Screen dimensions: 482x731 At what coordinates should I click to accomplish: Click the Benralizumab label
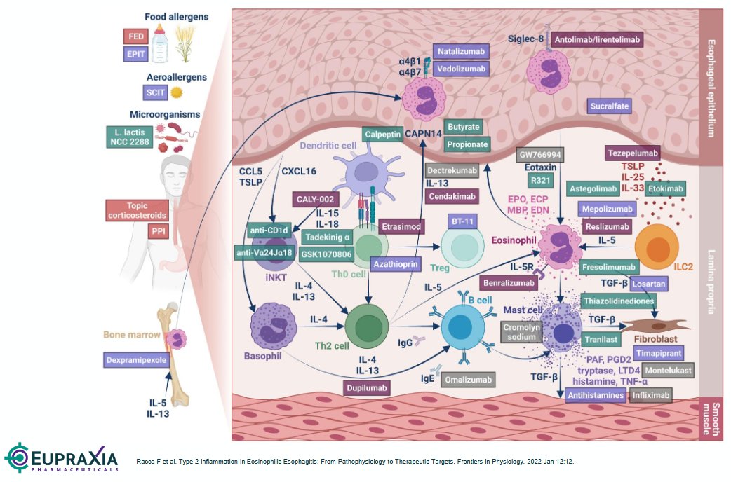[x=510, y=282]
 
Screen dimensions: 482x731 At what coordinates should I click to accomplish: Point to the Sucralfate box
[x=610, y=106]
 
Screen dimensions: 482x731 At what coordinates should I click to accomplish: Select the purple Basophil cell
[x=271, y=328]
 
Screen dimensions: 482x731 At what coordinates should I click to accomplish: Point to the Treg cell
[x=461, y=247]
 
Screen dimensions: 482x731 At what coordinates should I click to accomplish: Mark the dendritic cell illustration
[x=363, y=174]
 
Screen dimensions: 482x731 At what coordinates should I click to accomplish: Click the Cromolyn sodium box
[x=523, y=332]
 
